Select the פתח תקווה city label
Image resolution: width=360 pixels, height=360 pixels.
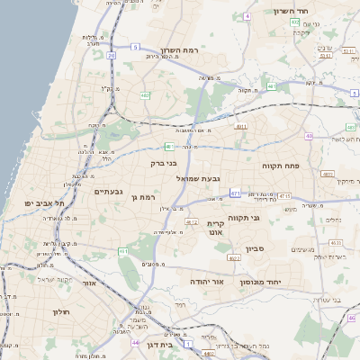[x=280, y=166]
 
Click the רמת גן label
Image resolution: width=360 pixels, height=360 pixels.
[x=144, y=197]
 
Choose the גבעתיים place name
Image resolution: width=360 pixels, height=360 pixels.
[x=109, y=191]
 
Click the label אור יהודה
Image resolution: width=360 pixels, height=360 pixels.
[x=206, y=281]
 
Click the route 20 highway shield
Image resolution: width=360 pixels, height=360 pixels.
[x=112, y=56]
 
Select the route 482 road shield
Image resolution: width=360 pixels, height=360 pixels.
[x=146, y=94]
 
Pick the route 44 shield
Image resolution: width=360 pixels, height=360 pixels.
[x=135, y=343]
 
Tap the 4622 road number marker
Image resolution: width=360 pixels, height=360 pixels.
[x=235, y=258]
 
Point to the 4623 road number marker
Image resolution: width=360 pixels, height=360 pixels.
[x=334, y=242]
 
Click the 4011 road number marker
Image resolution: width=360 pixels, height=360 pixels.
[x=240, y=128]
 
